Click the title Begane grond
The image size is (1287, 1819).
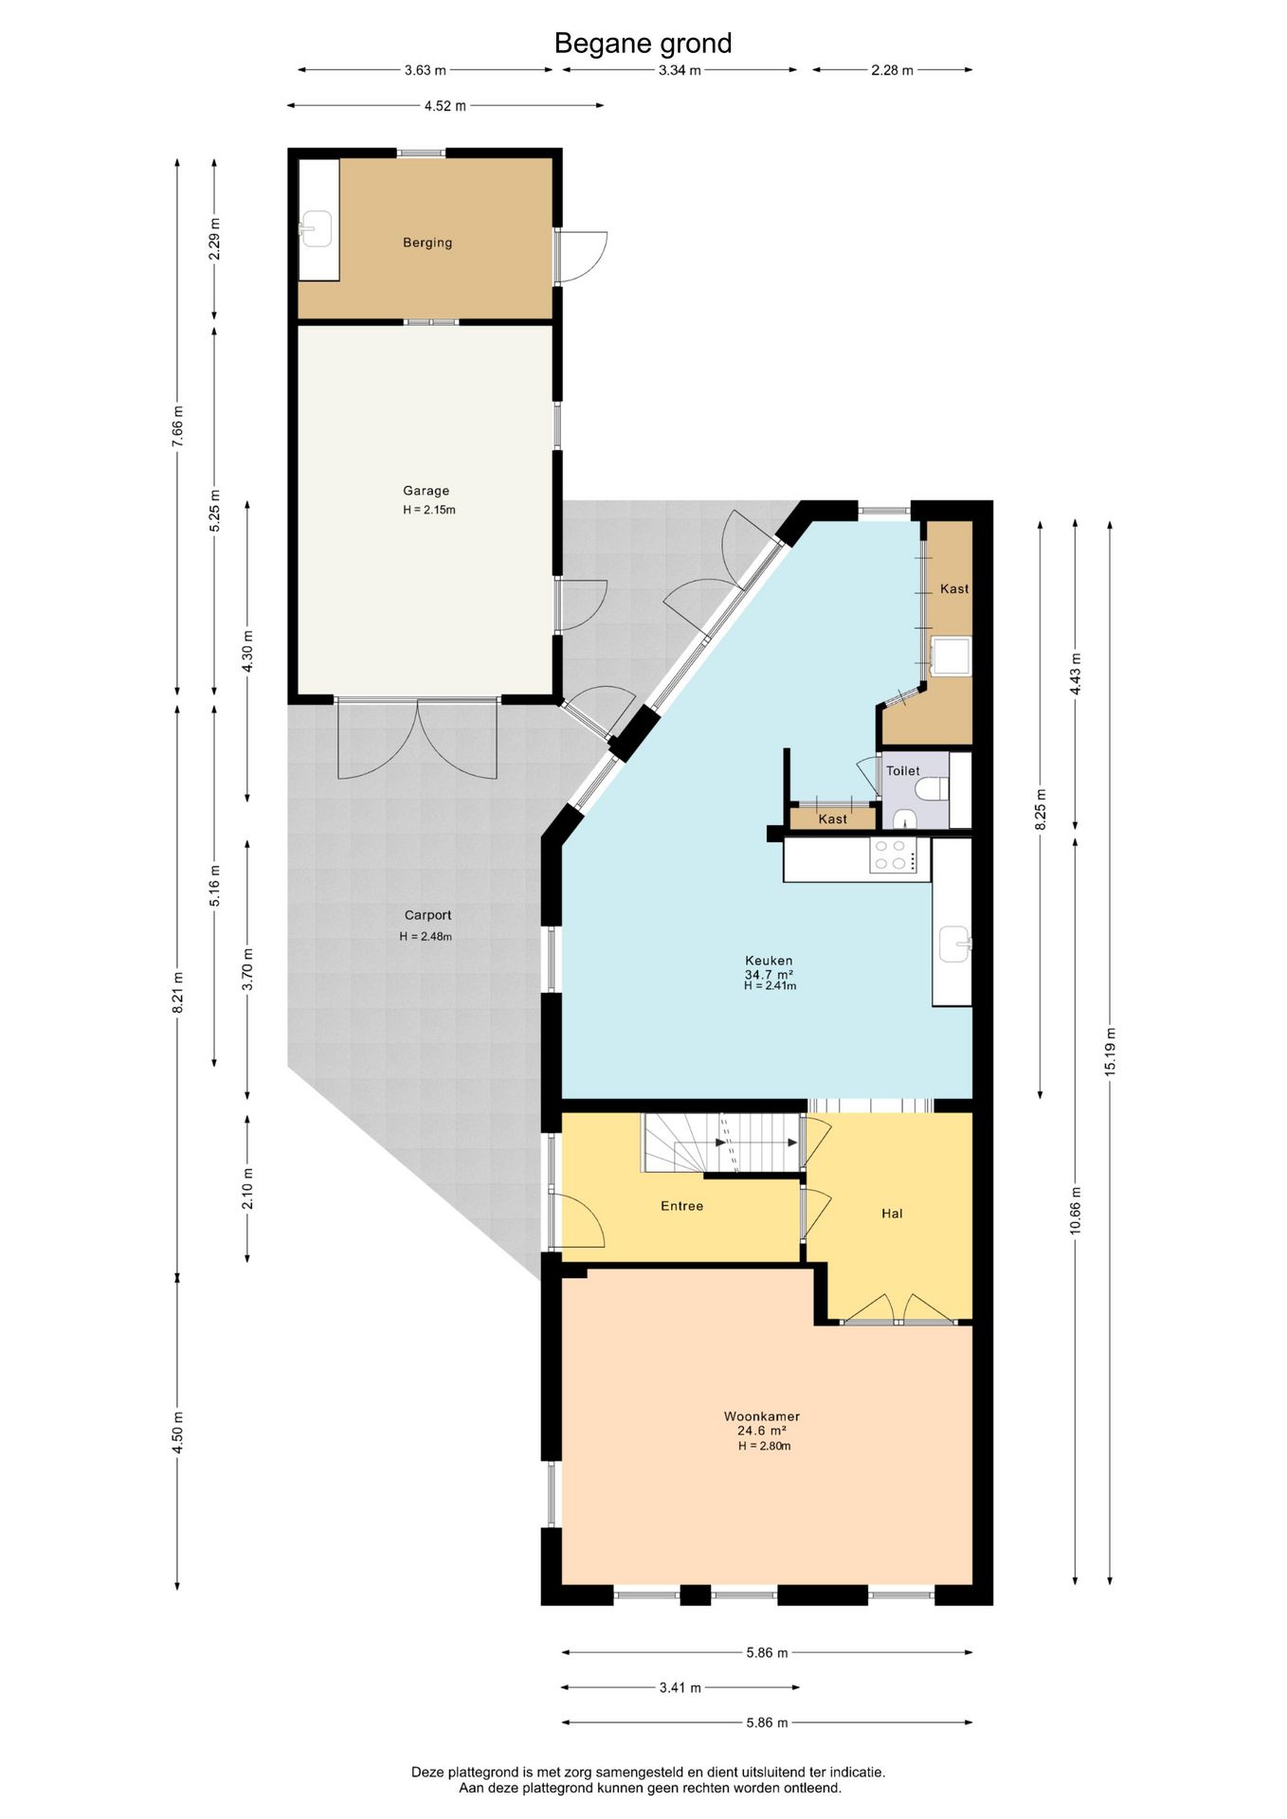643,44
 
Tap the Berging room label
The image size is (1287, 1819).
427,243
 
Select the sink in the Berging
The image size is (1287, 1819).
315,228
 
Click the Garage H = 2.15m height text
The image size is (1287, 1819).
429,510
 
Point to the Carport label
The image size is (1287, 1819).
427,915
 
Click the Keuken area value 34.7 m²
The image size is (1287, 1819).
769,974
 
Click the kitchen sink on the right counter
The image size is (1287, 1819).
954,944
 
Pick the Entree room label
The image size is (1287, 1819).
681,1206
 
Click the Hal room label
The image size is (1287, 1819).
892,1214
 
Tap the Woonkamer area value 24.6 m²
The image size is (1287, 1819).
762,1431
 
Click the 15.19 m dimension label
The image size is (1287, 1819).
1110,1051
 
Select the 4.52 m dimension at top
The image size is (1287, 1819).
444,106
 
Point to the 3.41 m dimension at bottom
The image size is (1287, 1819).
680,1687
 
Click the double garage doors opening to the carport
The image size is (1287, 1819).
417,740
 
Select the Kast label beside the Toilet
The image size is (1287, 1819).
833,819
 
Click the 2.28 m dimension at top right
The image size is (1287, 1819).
892,70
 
